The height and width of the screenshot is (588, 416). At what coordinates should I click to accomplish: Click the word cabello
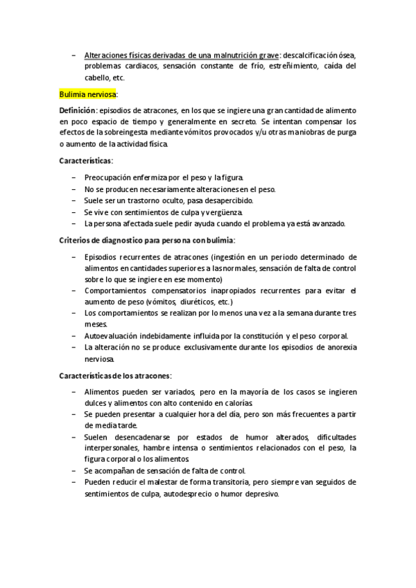(x=98, y=78)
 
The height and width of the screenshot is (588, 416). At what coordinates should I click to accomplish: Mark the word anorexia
(x=340, y=347)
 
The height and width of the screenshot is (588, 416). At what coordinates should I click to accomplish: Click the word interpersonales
(x=112, y=447)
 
